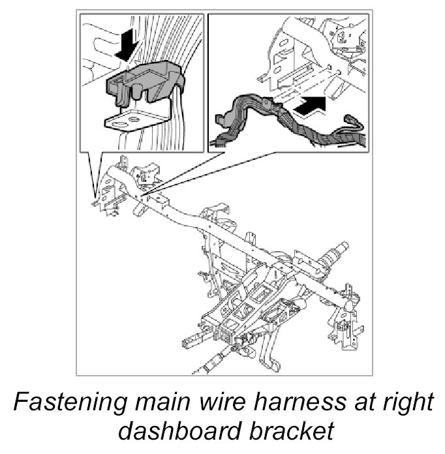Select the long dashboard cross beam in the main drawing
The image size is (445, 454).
[x=215, y=222]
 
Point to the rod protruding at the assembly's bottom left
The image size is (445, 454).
[x=196, y=339]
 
